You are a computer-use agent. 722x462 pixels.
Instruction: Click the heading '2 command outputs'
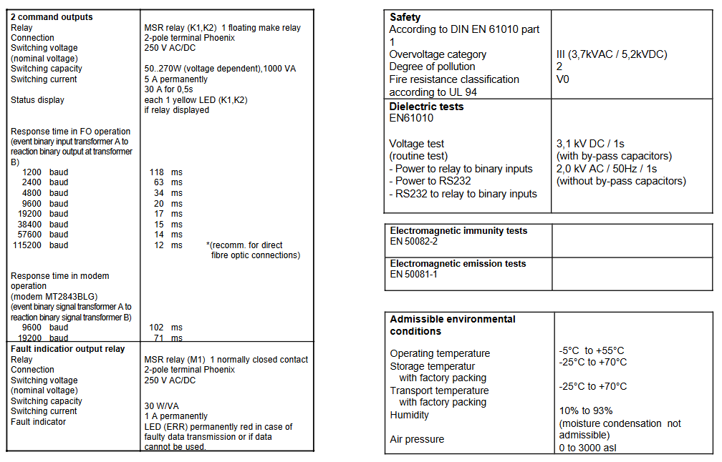[52, 17]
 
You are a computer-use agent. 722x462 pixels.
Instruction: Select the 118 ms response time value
[165, 172]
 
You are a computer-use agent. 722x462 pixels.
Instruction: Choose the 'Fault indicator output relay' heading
[68, 349]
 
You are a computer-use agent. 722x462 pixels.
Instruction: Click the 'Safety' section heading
[405, 17]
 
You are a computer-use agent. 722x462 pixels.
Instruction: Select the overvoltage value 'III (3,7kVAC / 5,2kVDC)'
[612, 54]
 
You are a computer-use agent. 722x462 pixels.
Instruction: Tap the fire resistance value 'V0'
[563, 79]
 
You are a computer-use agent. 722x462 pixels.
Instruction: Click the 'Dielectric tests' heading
[426, 107]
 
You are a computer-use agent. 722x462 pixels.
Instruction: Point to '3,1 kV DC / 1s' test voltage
[590, 144]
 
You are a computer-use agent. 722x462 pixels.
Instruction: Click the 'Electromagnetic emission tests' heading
[458, 264]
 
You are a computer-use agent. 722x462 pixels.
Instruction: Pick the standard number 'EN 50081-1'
[414, 274]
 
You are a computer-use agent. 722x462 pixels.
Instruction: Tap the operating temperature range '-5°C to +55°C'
[592, 350]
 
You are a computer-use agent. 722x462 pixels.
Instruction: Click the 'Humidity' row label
[410, 415]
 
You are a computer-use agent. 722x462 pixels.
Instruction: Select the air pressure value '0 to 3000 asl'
[587, 448]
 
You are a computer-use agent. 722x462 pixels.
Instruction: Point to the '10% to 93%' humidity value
[584, 411]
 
